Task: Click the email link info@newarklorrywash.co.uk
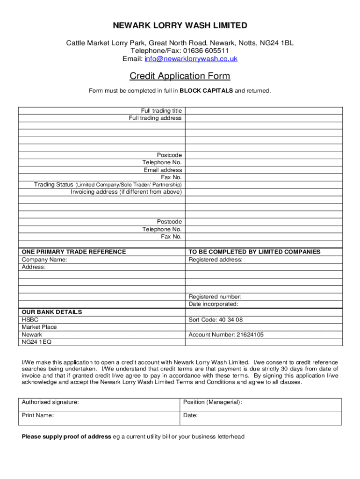(191, 59)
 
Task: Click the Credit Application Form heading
(180, 76)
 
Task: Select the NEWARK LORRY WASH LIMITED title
(180, 25)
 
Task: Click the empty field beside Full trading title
(264, 111)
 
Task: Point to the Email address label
(163, 170)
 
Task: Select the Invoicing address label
(126, 192)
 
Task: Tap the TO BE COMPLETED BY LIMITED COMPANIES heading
(254, 252)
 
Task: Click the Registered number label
(215, 297)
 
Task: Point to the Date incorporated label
(213, 305)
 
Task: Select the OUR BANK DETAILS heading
(52, 312)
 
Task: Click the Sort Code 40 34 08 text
(216, 320)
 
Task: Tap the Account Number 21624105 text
(226, 335)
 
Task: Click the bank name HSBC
(30, 320)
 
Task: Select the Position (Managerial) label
(213, 402)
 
